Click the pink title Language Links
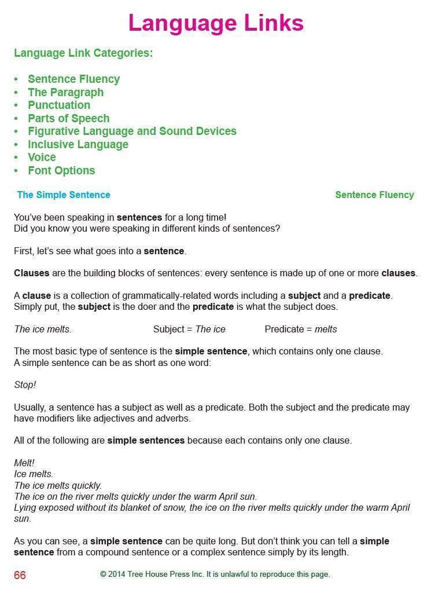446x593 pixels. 216,23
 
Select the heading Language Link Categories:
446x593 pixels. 83,53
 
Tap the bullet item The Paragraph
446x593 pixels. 65,92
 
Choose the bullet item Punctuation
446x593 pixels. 59,105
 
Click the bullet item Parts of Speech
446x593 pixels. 68,118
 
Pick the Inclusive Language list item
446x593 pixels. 78,144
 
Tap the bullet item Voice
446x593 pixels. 42,157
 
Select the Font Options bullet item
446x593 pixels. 61,170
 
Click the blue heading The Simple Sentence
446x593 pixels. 64,195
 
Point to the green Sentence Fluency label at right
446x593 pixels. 374,195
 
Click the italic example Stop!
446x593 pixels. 25,385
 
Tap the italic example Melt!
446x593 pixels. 24,463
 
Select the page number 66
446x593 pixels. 20,575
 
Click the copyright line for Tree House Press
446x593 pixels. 215,574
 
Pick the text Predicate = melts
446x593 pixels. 300,329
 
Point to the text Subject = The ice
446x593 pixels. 189,329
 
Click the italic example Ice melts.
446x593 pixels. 34,474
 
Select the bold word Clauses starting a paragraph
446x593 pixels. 32,273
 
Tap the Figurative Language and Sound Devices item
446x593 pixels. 132,131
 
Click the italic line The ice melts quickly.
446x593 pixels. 58,485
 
